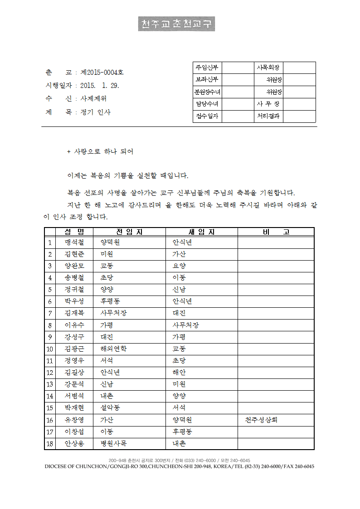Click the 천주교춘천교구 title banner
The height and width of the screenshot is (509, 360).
176,24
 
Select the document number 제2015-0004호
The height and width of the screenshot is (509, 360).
102,72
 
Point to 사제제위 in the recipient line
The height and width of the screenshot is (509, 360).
93,99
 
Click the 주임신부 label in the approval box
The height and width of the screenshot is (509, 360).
207,68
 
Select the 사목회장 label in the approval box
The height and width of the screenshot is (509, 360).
268,68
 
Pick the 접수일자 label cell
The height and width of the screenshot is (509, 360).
207,116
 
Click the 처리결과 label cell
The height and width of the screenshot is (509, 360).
268,116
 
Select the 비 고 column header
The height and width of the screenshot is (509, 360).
276,232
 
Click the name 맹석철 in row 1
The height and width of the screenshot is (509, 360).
74,242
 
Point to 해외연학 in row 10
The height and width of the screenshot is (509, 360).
113,349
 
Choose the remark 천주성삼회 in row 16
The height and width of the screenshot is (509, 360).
261,420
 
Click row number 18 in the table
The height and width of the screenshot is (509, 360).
50,443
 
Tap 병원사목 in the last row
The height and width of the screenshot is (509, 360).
113,443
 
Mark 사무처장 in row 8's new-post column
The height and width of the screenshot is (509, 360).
185,325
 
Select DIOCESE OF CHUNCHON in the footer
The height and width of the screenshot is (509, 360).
76,466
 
